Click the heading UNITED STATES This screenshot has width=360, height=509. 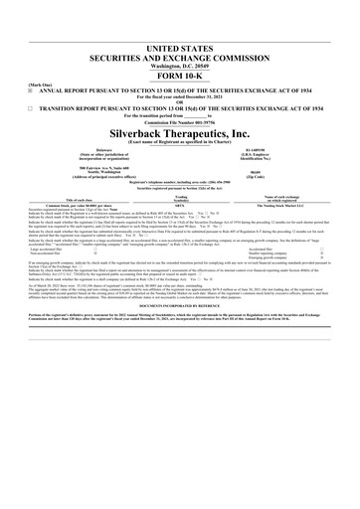click(180, 48)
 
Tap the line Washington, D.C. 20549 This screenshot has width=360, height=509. click(180, 66)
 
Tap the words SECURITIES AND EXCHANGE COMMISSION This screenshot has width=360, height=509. click(180, 58)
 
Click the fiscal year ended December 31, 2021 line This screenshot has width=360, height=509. click(180, 96)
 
